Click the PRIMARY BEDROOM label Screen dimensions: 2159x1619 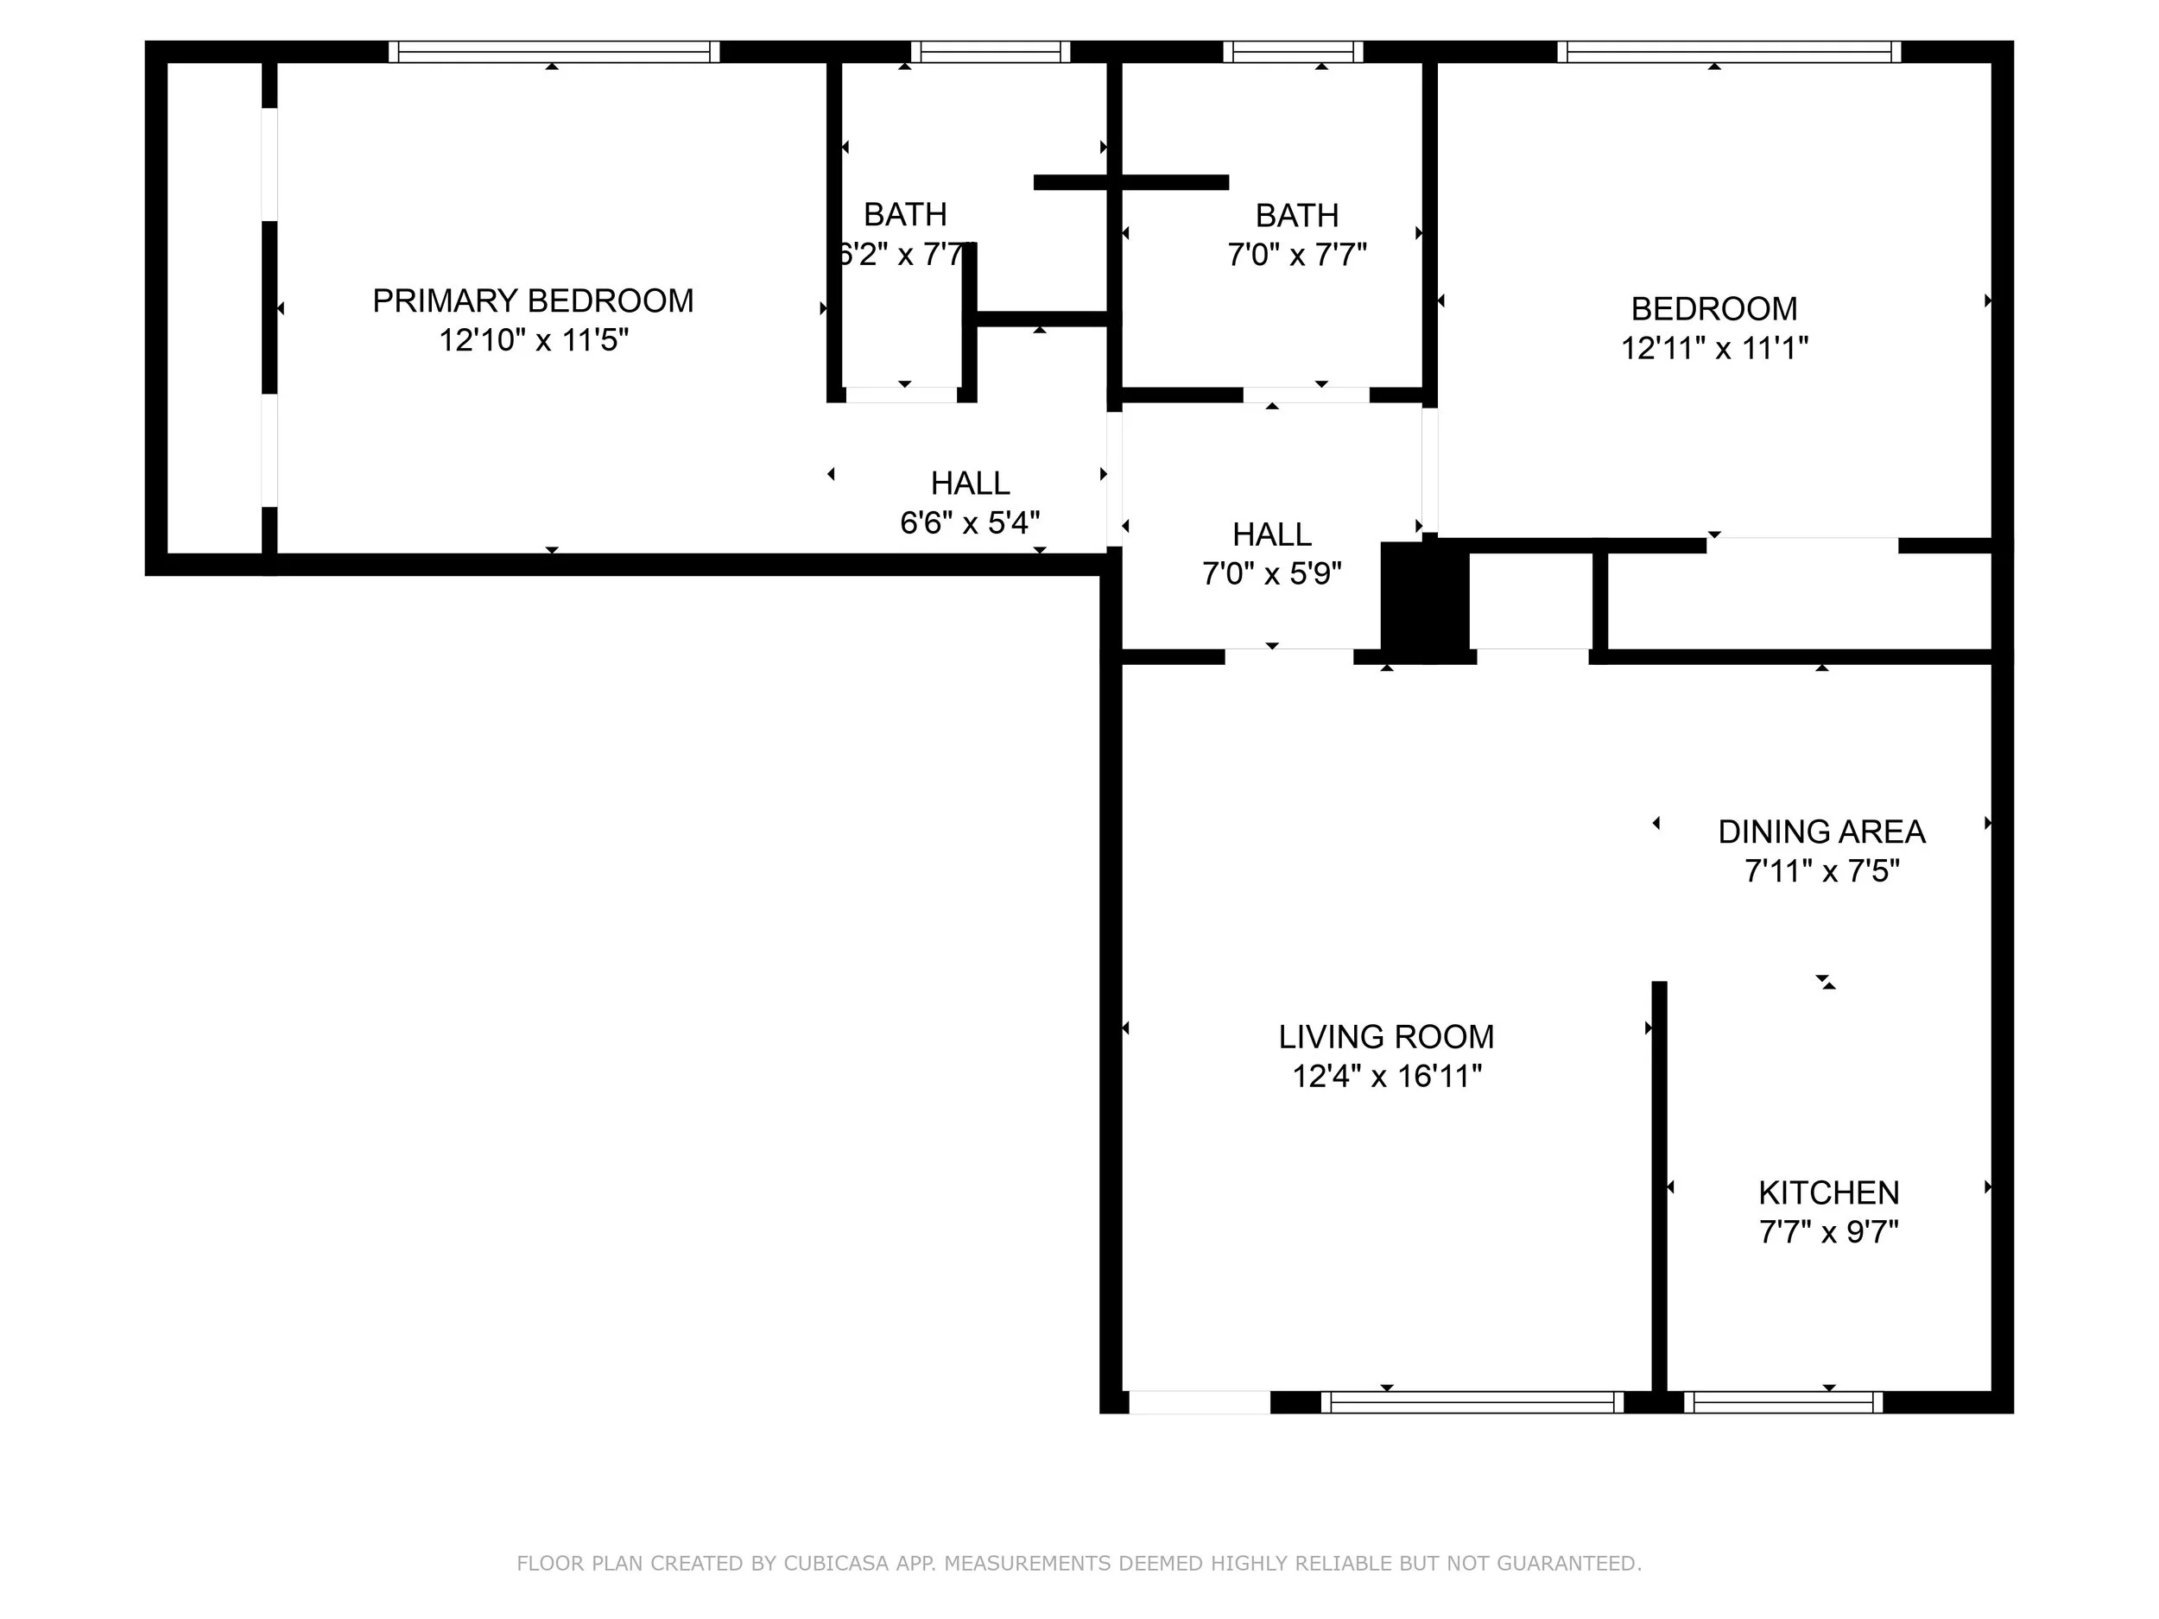click(533, 300)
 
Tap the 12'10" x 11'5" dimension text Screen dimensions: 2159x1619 click(533, 340)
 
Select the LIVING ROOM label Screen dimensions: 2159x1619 click(1386, 1036)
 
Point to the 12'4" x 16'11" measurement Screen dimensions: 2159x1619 click(1386, 1077)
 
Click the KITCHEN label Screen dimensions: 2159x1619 click(1828, 1192)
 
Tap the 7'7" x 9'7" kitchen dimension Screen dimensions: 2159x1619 click(1828, 1232)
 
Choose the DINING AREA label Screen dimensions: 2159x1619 click(1821, 832)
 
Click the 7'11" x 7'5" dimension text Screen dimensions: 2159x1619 click(1821, 870)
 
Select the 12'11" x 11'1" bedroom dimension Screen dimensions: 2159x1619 click(1714, 348)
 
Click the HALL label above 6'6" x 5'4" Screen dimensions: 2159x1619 click(969, 483)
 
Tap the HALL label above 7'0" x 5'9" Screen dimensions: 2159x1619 click(1271, 534)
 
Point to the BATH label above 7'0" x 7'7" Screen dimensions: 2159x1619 click(1296, 215)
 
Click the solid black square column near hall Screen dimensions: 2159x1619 click(1424, 603)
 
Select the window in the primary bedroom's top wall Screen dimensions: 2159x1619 click(554, 52)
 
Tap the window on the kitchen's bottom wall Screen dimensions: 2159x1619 click(1783, 1402)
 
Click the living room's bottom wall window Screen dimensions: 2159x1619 click(1472, 1402)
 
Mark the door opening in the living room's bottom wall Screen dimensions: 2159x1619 click(1200, 1402)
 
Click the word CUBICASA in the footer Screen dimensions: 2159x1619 click(835, 1564)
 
